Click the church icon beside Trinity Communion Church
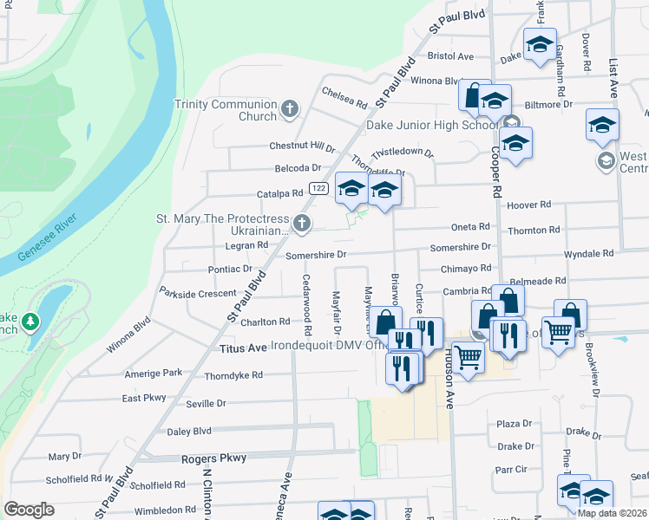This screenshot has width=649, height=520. [289, 110]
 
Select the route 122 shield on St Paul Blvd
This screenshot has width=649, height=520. [318, 188]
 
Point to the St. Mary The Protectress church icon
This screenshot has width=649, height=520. [301, 224]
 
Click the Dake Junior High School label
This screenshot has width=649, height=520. [431, 125]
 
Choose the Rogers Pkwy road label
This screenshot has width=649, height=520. [213, 458]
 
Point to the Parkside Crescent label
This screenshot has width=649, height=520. [198, 293]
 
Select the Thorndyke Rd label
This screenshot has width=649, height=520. [233, 376]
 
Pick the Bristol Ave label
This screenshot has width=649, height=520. [451, 55]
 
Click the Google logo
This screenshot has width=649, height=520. [29, 510]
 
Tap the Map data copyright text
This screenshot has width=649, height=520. [612, 513]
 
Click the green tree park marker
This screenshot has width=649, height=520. [31, 322]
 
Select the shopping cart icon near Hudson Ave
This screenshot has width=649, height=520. [468, 355]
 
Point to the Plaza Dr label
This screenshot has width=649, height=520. [514, 423]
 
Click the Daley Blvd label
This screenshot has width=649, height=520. [189, 431]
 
